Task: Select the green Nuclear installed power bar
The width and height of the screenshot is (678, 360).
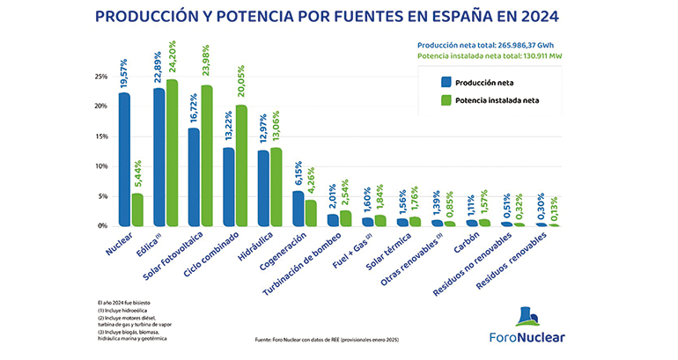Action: point(137,209)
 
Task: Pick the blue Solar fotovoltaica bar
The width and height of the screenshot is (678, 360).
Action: point(194,177)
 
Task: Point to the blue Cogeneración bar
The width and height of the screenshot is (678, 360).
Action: point(298,208)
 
